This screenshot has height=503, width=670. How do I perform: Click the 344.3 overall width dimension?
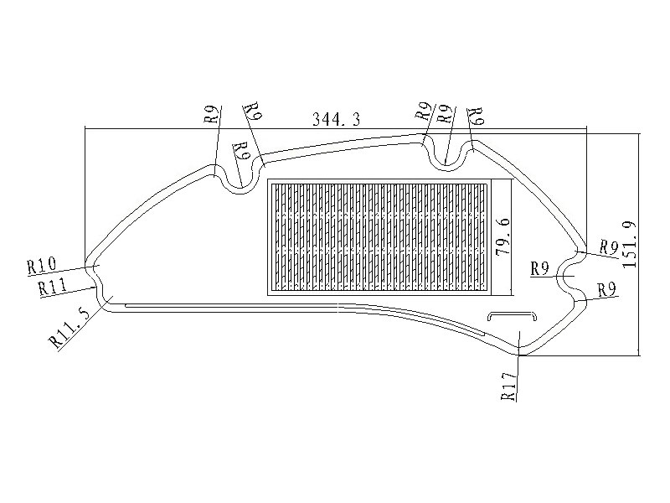[x=337, y=119]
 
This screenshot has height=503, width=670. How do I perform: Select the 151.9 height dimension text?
[x=630, y=245]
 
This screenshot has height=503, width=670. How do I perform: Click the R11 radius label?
[x=52, y=287]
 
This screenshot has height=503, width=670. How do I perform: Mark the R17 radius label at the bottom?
[x=509, y=386]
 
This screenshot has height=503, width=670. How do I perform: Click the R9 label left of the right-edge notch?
[x=539, y=269]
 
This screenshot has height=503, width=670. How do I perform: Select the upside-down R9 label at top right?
[x=476, y=116]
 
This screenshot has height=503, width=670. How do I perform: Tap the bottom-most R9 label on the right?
[x=606, y=290]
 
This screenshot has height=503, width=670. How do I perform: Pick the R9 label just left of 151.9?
[x=610, y=247]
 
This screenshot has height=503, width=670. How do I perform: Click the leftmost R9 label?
[x=213, y=114]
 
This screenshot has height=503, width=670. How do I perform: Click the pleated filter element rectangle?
[x=379, y=237]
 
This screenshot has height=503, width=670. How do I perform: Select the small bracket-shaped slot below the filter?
[x=512, y=316]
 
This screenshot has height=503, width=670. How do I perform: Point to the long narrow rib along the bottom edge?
[x=305, y=306]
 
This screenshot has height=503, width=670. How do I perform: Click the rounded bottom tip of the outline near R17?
[x=520, y=353]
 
